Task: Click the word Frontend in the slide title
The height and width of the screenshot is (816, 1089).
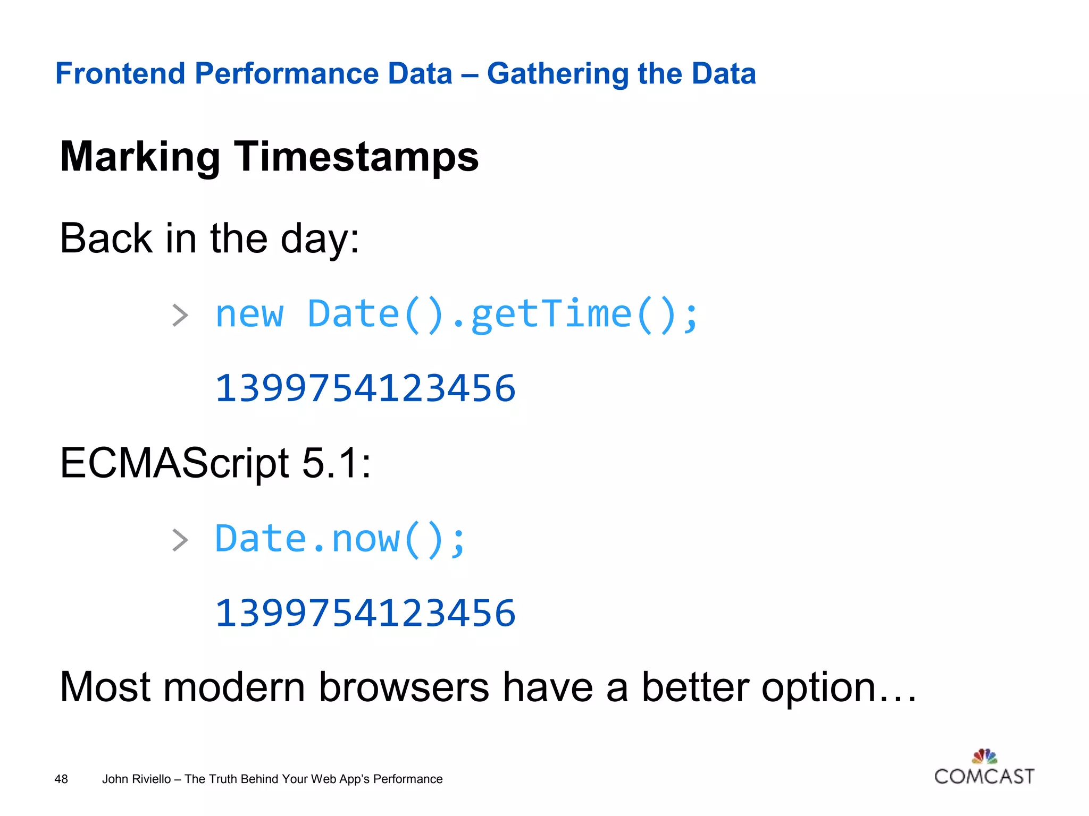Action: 120,73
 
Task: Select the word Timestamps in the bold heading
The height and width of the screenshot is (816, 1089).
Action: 356,157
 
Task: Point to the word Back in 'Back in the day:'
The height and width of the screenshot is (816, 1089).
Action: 106,239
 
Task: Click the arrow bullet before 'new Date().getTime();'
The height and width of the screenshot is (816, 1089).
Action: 180,316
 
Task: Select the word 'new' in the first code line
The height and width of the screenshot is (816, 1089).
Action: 249,314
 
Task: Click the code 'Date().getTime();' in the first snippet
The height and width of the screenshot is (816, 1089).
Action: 502,314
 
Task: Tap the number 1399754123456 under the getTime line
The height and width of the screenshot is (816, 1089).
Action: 365,388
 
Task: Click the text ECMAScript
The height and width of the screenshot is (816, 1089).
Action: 174,463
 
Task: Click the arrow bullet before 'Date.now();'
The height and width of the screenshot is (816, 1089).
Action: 180,540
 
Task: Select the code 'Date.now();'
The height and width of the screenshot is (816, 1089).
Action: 340,540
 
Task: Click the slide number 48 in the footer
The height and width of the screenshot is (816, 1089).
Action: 61,779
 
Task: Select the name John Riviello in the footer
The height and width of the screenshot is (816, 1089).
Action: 136,779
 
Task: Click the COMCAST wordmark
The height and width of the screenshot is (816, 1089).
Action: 984,777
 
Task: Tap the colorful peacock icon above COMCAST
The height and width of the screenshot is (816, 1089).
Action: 984,755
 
